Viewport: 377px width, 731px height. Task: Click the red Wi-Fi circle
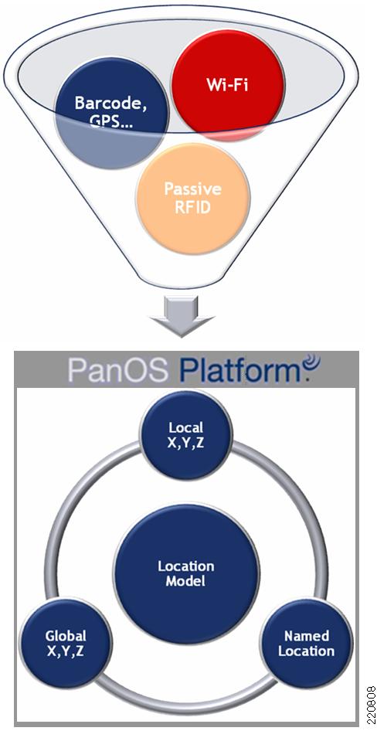pyautogui.click(x=228, y=85)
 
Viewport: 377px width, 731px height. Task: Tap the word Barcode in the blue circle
pyautogui.click(x=111, y=103)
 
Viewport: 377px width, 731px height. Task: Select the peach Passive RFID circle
pyautogui.click(x=192, y=199)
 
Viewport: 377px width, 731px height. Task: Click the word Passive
pyautogui.click(x=192, y=189)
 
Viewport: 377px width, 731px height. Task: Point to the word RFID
pyautogui.click(x=192, y=207)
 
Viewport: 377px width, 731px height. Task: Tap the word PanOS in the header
pyautogui.click(x=117, y=369)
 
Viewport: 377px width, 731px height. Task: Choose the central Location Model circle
pyautogui.click(x=186, y=574)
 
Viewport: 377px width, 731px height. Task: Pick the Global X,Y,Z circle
pyautogui.click(x=66, y=644)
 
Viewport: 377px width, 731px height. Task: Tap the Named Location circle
pyautogui.click(x=306, y=644)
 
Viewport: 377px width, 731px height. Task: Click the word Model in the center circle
pyautogui.click(x=186, y=581)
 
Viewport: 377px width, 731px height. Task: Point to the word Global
pyautogui.click(x=66, y=636)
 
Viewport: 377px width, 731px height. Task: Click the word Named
pyautogui.click(x=306, y=636)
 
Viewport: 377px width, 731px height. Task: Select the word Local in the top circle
pyautogui.click(x=186, y=427)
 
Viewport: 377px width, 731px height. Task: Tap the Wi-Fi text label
pyautogui.click(x=228, y=85)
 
